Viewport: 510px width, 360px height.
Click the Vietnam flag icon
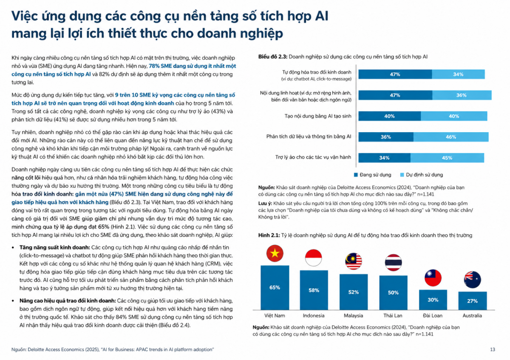click(275, 253)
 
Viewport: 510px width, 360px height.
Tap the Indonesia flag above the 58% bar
click(314, 258)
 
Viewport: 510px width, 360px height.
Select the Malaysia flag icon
click(353, 261)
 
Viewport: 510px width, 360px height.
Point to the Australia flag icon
click(473, 280)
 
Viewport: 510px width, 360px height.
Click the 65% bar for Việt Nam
click(275, 288)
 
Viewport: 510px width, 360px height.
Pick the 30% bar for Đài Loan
click(433, 300)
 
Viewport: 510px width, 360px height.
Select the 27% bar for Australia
click(473, 301)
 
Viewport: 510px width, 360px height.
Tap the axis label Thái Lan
click(393, 316)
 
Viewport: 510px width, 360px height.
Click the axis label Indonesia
click(314, 316)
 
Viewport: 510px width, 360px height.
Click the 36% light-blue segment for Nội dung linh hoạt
click(462, 95)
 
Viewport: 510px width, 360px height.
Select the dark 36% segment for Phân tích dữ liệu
click(386, 137)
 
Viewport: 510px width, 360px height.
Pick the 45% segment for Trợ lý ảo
click(447, 158)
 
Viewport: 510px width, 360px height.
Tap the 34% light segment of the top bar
click(458, 74)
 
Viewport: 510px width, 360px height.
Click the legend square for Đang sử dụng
click(356, 175)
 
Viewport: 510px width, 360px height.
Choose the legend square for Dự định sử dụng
click(402, 175)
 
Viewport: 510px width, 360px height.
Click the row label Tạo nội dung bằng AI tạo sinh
click(318, 116)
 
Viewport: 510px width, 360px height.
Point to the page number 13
click(493, 349)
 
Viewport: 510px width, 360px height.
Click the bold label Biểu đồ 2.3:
click(273, 57)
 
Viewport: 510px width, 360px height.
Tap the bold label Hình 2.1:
click(269, 235)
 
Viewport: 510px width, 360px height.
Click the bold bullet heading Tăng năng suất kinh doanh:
click(55, 247)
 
